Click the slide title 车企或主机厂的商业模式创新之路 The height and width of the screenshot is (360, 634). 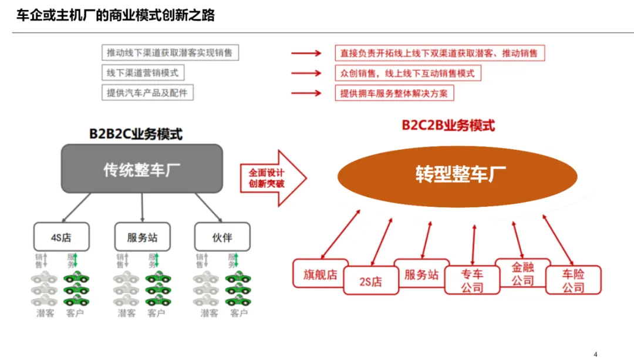tap(115, 15)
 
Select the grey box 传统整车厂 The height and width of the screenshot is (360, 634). tap(142, 169)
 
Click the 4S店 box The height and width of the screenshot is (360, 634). tap(61, 237)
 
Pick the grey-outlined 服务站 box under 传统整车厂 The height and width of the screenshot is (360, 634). tap(142, 238)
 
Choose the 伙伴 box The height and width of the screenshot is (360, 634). tap(222, 237)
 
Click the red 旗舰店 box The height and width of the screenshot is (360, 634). tap(321, 273)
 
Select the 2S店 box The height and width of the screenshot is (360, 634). tap(370, 281)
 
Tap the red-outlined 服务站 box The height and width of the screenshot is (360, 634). tap(421, 274)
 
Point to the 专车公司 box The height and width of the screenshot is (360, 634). tap(472, 281)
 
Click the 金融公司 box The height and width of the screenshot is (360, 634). tap(522, 273)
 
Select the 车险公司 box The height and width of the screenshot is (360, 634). tap(574, 281)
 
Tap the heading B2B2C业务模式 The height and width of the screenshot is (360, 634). tap(136, 134)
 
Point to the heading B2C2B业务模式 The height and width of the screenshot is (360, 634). tap(448, 125)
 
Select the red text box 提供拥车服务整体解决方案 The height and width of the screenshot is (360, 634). tap(394, 93)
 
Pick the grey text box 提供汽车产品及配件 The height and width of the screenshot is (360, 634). tap(147, 93)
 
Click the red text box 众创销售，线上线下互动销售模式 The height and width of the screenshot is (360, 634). tap(407, 73)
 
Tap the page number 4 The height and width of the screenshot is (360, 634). tap(595, 354)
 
